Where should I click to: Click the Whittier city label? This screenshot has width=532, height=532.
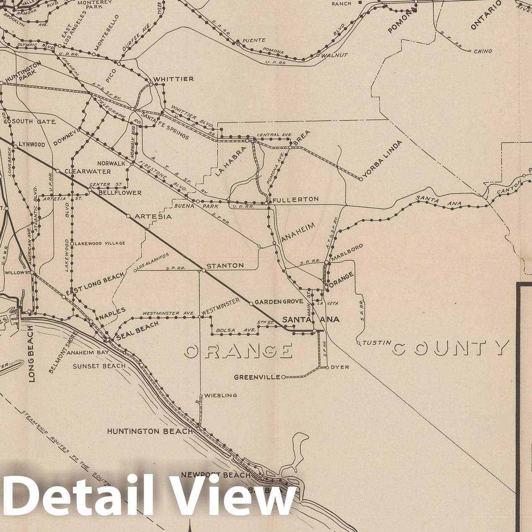pyautogui.click(x=173, y=79)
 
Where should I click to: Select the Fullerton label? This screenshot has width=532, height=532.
pyautogui.click(x=295, y=199)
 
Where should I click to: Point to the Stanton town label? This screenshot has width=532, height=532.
pyautogui.click(x=225, y=266)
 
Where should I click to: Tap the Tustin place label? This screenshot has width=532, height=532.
pyautogui.click(x=374, y=343)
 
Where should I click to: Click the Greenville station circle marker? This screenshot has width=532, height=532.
pyautogui.click(x=283, y=377)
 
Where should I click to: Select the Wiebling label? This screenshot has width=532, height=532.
pyautogui.click(x=221, y=395)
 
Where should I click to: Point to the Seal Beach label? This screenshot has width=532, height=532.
pyautogui.click(x=138, y=330)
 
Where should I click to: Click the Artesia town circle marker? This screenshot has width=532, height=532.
pyautogui.click(x=128, y=216)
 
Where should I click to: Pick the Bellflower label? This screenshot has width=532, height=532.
pyautogui.click(x=120, y=193)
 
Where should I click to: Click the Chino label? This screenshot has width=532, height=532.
pyautogui.click(x=482, y=51)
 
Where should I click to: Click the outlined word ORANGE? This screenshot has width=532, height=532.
pyautogui.click(x=238, y=351)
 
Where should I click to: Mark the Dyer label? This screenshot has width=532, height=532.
pyautogui.click(x=339, y=367)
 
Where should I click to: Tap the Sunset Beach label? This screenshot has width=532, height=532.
pyautogui.click(x=99, y=366)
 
